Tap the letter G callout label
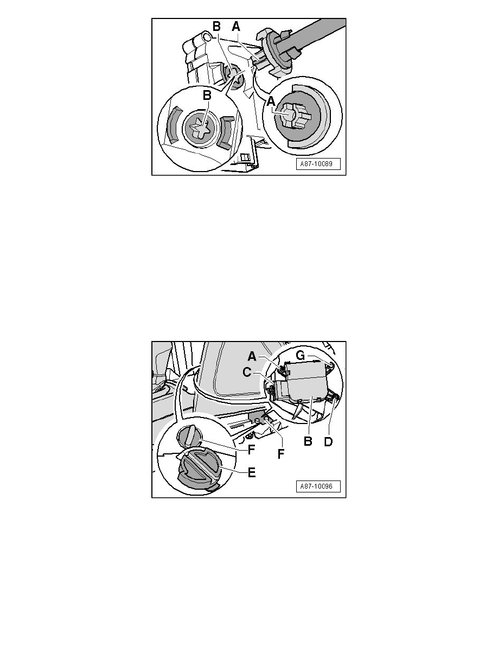(301, 356)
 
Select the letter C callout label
(247, 372)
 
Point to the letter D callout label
(328, 442)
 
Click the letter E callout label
(252, 472)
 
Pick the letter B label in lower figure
(308, 442)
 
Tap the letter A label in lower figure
(252, 357)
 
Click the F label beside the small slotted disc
(252, 450)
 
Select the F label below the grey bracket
(281, 454)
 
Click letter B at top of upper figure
(216, 27)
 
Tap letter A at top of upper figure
(236, 27)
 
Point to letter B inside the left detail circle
(207, 95)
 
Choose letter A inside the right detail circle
(271, 101)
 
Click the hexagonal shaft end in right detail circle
(290, 116)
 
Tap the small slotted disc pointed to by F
(189, 437)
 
